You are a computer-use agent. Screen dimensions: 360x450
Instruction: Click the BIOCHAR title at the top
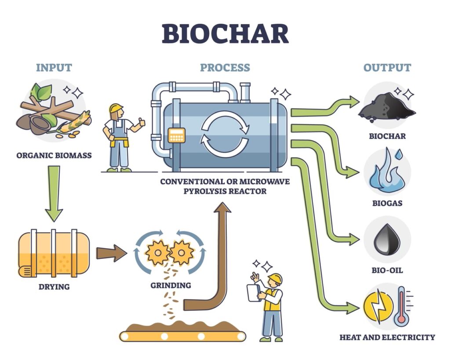pos(225,34)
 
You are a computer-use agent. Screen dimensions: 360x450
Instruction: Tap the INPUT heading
pos(54,68)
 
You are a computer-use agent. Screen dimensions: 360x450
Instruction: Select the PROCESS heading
pos(225,68)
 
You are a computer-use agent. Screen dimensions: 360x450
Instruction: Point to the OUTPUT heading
pos(387,68)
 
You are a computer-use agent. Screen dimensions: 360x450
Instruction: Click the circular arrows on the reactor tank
pos(225,134)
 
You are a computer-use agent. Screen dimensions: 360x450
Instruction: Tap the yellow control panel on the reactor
pos(177,135)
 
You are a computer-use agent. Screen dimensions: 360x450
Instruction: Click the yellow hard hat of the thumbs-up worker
pos(116,108)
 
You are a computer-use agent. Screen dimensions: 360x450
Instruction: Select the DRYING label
pos(54,287)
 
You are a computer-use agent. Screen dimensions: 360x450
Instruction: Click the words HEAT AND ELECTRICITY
pos(387,338)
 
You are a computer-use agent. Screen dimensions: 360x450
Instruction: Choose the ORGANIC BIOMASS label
pos(54,155)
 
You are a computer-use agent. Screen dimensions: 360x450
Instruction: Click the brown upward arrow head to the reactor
pos(224,209)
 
